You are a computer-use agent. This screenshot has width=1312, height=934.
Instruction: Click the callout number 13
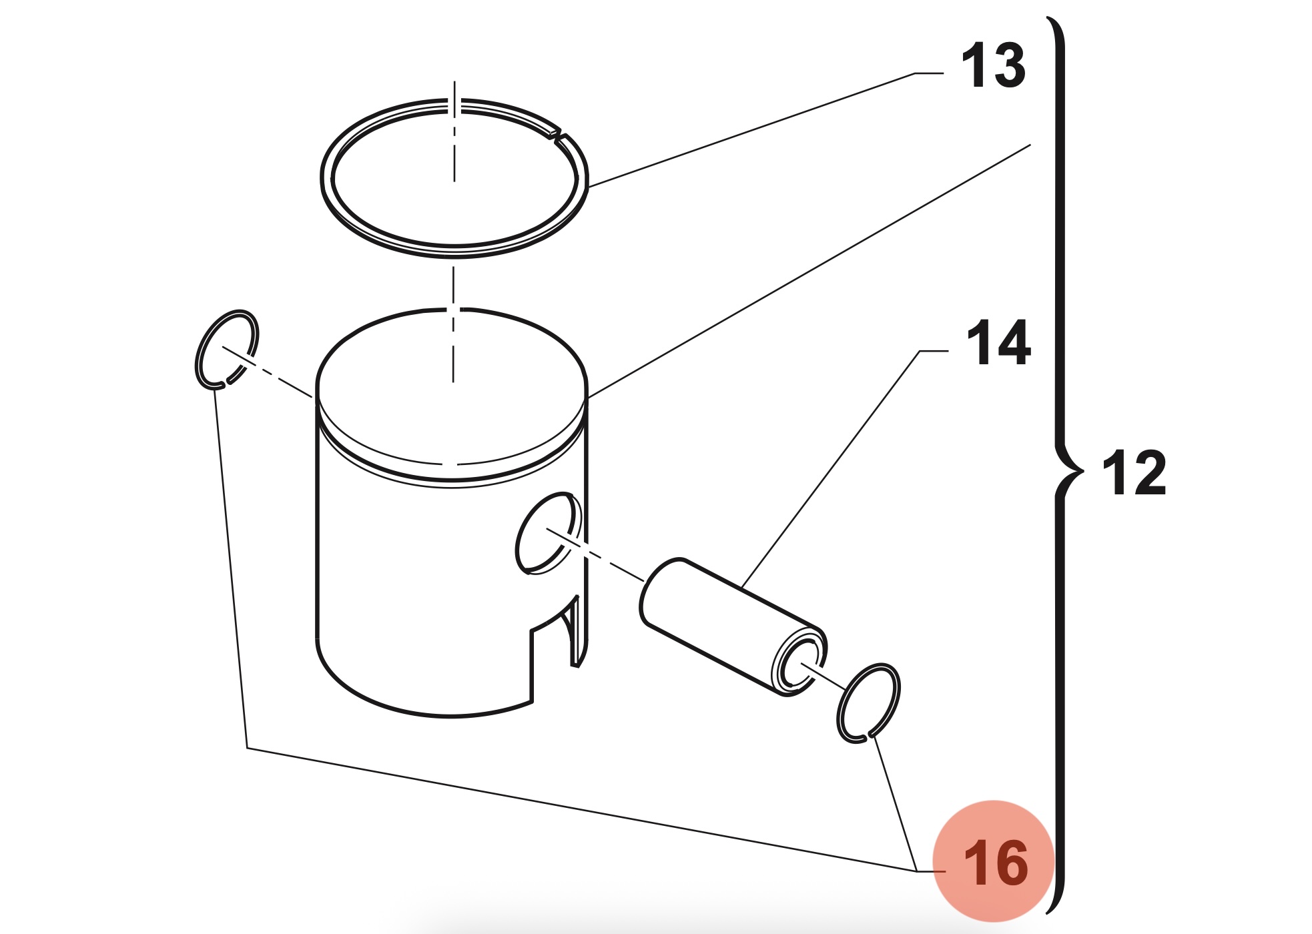[x=993, y=65]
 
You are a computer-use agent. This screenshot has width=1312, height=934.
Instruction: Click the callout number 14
[x=998, y=344]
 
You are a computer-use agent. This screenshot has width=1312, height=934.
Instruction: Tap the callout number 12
[x=1134, y=473]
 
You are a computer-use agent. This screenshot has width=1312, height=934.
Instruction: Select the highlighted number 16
[x=995, y=863]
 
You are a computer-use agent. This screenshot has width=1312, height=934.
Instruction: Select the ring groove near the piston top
[x=451, y=473]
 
